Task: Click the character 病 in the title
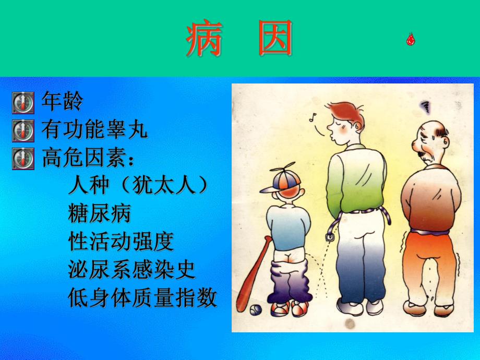[205, 39]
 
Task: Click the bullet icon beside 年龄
[22, 102]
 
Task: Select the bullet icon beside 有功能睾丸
[22, 130]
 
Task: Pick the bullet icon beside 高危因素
[22, 158]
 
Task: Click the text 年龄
[62, 102]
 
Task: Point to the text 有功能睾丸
[94, 130]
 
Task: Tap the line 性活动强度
[121, 242]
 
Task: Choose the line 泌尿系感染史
[131, 270]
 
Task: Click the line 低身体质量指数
[142, 298]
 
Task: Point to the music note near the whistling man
[314, 117]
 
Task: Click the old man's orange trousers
[430, 266]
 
